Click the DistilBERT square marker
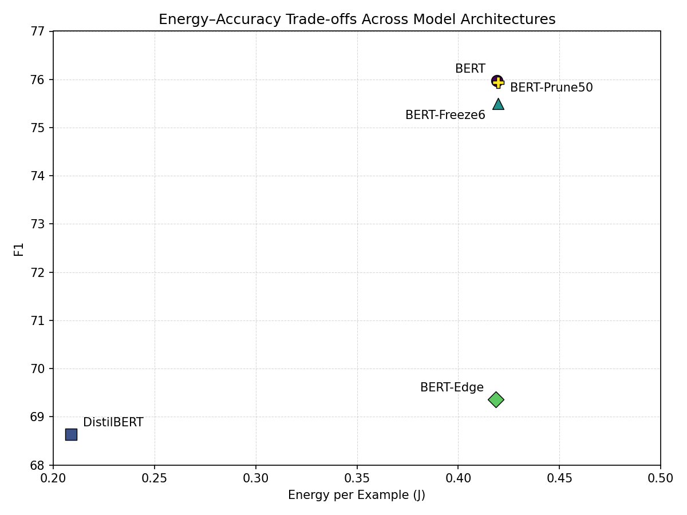[71, 434]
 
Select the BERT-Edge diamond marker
[496, 399]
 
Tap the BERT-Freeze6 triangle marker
[498, 104]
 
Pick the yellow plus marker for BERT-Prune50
[499, 82]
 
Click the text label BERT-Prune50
[551, 88]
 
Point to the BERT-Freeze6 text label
[445, 116]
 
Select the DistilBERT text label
[113, 423]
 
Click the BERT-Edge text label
[452, 388]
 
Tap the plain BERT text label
[470, 69]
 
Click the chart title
[357, 19]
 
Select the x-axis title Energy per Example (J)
[357, 496]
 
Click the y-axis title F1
[19, 249]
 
